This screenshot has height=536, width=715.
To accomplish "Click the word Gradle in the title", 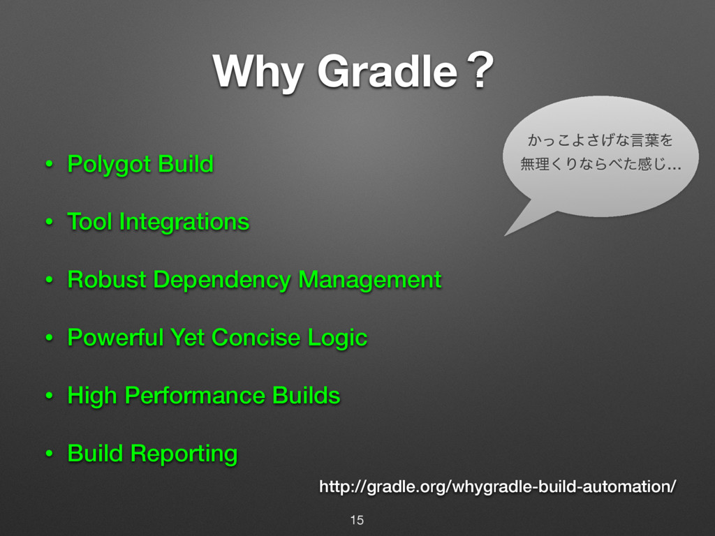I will click(385, 72).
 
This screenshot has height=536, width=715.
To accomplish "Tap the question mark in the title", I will click(478, 72).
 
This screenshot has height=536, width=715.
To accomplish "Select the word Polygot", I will click(110, 165).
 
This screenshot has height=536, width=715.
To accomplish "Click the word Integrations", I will click(184, 223).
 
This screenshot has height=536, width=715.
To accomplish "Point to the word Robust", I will click(107, 280).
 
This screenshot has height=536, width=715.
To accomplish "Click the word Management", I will click(370, 280).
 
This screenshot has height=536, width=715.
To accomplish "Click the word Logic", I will click(337, 338).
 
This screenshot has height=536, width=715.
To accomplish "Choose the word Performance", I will click(195, 396).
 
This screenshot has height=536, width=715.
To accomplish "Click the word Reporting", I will click(184, 454).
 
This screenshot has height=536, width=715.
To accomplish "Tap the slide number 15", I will click(357, 520).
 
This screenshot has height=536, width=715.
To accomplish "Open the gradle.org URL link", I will click(497, 486).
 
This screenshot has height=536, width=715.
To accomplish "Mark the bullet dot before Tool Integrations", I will click(49, 223).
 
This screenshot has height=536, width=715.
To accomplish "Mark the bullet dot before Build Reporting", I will click(49, 454).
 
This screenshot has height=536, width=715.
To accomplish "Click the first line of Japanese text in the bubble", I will click(600, 142).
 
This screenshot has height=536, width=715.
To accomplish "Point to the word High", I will click(92, 396).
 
